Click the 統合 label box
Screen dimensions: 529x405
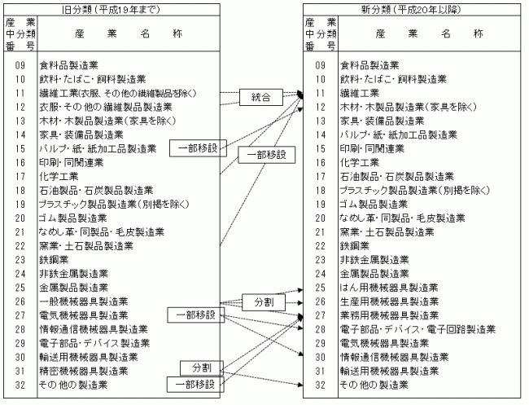point(261,97)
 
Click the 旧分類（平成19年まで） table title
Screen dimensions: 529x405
point(111,10)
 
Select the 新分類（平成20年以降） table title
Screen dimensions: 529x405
point(411,10)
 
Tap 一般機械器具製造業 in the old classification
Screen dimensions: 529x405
point(84,302)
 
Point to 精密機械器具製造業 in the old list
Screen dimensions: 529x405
point(84,371)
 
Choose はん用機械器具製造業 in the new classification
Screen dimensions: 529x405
point(389,288)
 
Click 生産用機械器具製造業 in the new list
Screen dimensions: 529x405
point(389,302)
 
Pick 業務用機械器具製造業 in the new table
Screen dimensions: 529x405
point(389,315)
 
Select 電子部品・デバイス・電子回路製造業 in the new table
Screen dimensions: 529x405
point(418,329)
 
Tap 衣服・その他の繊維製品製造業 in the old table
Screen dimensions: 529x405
point(106,107)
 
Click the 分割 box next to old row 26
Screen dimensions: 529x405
point(264,302)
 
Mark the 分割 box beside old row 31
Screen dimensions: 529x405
point(201,368)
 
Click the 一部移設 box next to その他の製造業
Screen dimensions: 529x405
point(195,385)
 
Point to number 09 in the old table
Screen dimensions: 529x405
point(20,65)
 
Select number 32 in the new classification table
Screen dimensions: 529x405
point(320,385)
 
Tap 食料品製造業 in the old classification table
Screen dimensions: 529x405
point(69,65)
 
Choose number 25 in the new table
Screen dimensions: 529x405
point(320,288)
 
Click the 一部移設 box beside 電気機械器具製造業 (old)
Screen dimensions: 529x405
point(195,315)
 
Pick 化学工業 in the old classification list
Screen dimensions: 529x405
point(59,176)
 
